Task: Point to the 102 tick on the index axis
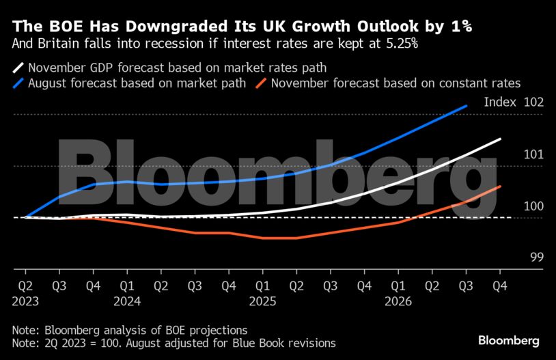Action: pos(533,102)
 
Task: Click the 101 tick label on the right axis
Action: pos(533,154)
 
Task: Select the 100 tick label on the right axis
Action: pos(533,206)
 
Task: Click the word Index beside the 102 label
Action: pos(499,102)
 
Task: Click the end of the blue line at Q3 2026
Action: pos(467,106)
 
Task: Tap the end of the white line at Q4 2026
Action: pos(501,139)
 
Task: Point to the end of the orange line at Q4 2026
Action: pos(501,186)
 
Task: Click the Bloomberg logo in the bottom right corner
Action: pos(509,340)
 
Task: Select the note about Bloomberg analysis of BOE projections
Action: pos(129,329)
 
